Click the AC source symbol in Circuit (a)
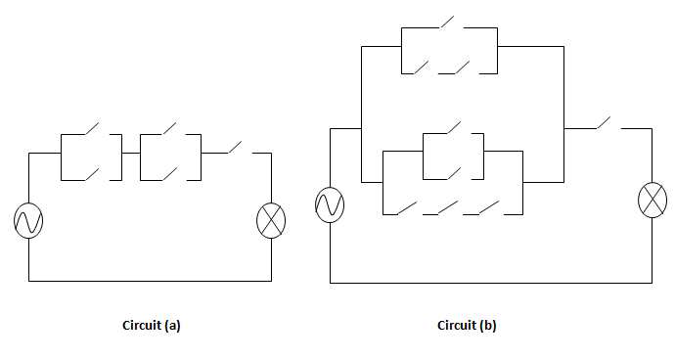coord(28,221)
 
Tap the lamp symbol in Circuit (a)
coord(270,221)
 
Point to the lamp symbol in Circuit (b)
coord(652,200)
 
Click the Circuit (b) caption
coord(467,326)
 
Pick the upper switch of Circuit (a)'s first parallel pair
coord(90,129)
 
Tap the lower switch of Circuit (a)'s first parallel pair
coord(90,175)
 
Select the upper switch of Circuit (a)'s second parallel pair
coord(169,129)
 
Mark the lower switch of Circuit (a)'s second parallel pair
coord(169,175)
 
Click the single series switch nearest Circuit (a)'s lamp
coord(237,148)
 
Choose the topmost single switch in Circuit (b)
coord(450,22)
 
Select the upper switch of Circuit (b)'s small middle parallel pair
coord(452,129)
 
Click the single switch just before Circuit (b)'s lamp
coord(606,123)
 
